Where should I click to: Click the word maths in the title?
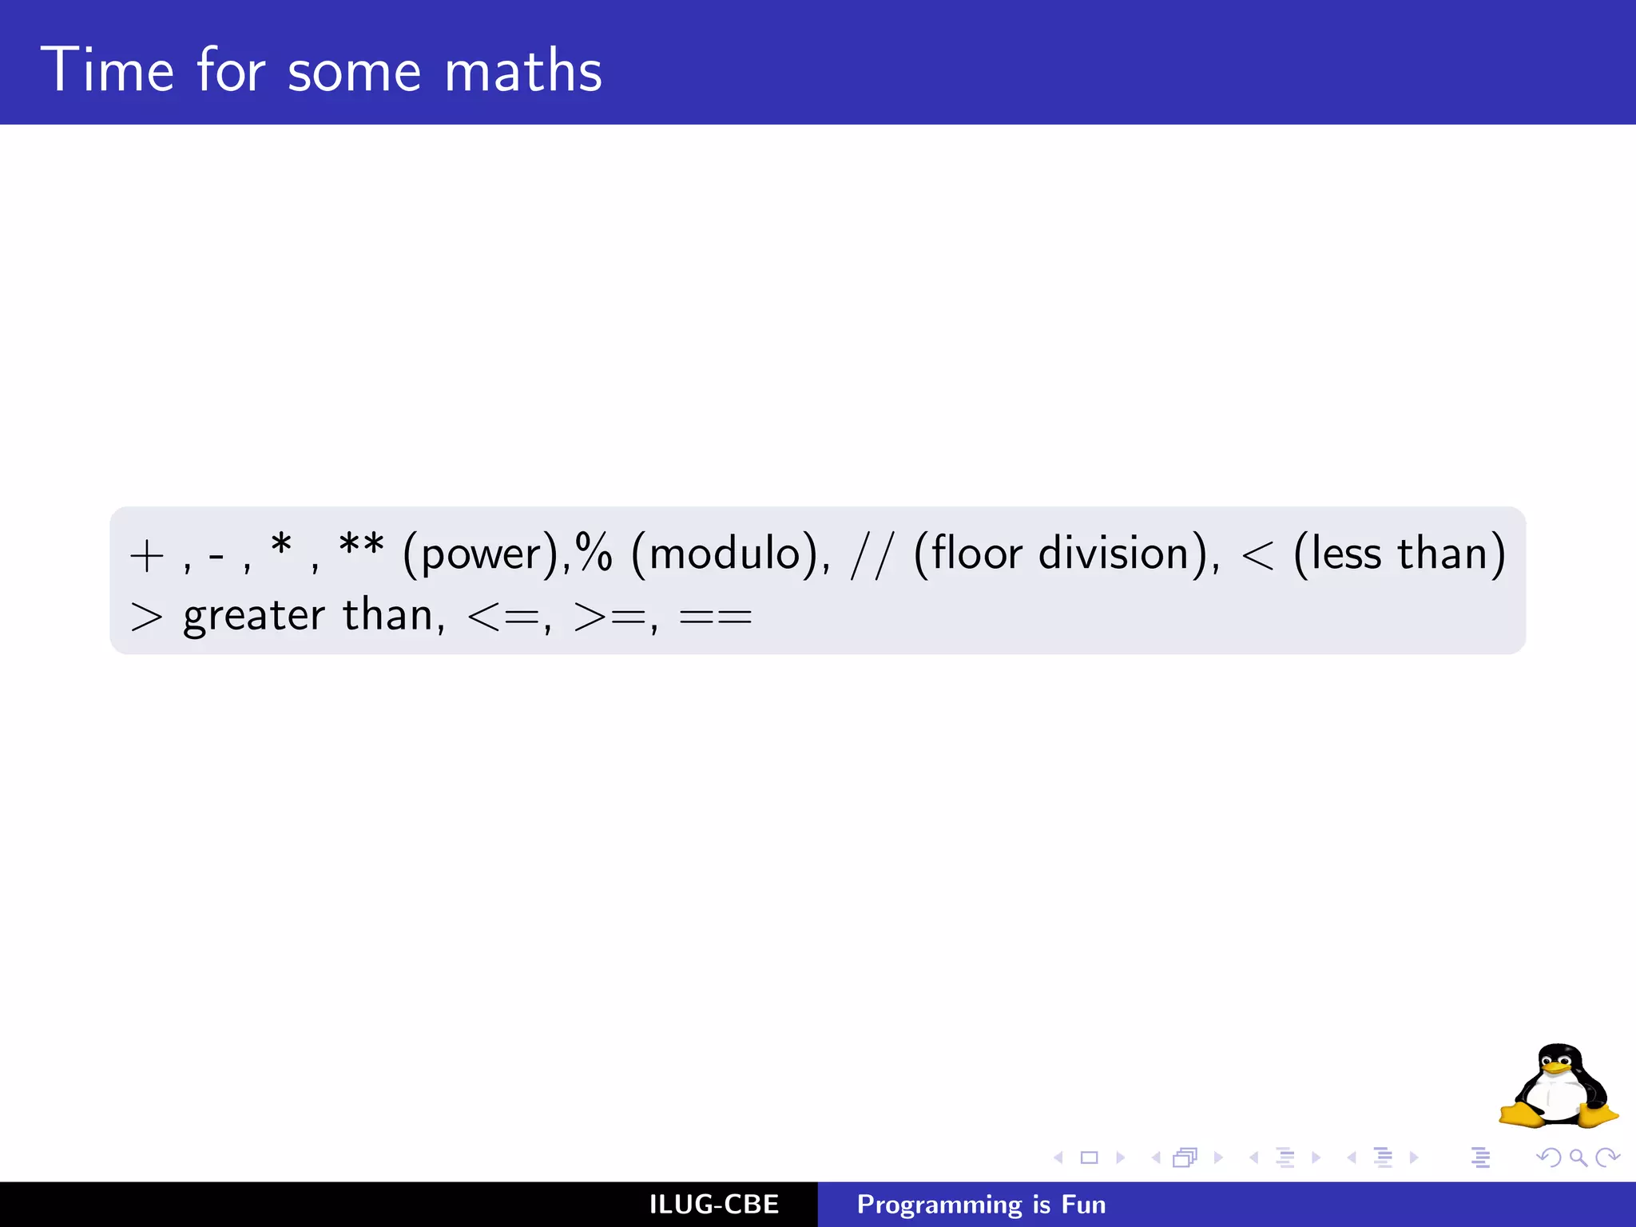coord(522,70)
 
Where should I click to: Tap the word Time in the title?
coord(107,70)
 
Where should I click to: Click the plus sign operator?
coord(147,556)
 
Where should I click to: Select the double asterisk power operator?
coord(361,547)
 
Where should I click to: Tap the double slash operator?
coord(871,554)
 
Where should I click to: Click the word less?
coord(1347,553)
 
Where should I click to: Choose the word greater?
coord(254,617)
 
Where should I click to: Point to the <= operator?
coord(503,617)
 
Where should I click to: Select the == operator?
coord(716,617)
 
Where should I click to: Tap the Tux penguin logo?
coord(1558,1086)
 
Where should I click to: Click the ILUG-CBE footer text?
coord(714,1205)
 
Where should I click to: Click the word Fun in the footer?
coord(1083,1205)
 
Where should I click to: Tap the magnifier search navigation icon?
coord(1578,1158)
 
